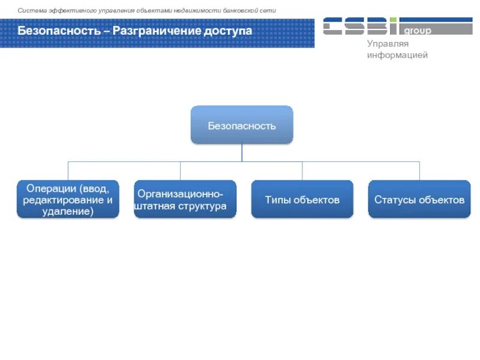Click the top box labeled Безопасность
[242, 125]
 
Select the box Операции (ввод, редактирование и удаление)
[68, 199]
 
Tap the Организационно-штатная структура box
[185, 199]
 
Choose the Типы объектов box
[302, 199]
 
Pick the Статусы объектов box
[419, 199]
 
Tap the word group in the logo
[418, 31]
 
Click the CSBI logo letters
[360, 26]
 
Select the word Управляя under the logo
[388, 44]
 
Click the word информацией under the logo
[397, 55]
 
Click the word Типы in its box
[278, 200]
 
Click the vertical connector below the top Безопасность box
[242, 152]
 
